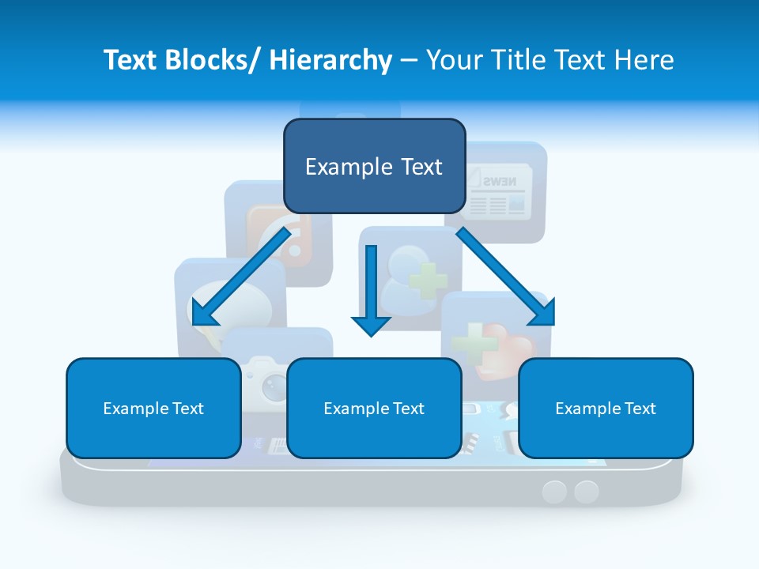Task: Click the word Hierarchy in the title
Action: click(330, 59)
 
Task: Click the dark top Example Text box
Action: click(374, 166)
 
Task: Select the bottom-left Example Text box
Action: click(153, 408)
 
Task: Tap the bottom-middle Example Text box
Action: click(374, 408)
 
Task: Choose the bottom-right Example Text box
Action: click(606, 408)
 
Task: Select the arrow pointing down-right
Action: click(506, 277)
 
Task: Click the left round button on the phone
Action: click(554, 492)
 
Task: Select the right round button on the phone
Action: click(586, 492)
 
